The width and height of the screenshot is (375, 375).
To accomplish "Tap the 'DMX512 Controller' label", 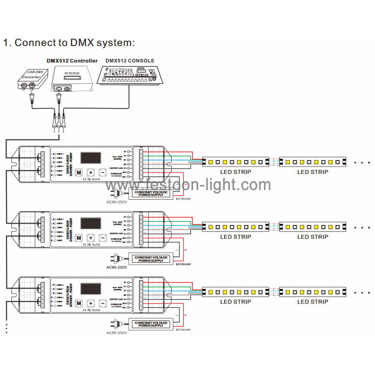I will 72,61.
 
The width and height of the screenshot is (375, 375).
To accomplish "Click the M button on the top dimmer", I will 79,173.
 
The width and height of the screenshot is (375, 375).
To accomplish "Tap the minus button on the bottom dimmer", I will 103,303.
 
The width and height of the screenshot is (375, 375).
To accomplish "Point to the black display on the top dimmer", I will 91,158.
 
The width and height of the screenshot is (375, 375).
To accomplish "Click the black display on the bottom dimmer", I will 91,289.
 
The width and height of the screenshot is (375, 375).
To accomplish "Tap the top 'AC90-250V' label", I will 116,202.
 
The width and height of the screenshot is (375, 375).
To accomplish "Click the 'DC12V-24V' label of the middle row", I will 183,264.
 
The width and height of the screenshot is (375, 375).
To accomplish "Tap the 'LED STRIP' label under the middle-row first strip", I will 236,237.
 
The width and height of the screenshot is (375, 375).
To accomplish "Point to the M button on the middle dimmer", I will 79,238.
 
